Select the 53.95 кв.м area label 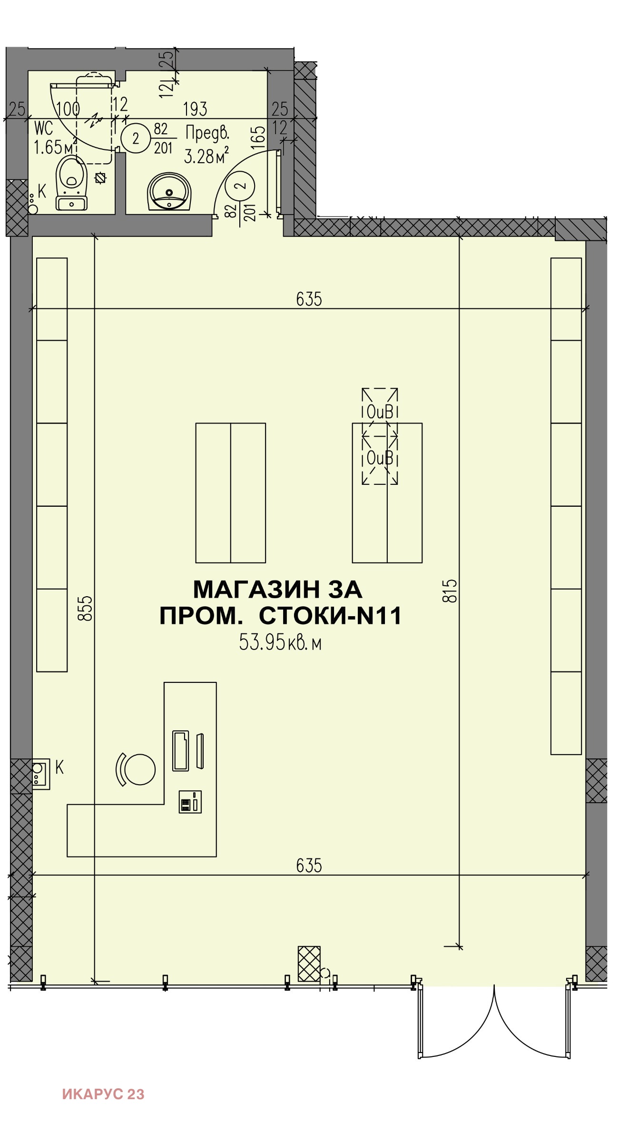[280, 642]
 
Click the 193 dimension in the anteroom [195, 109]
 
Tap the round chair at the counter [139, 769]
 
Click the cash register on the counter [190, 802]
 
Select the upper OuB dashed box [380, 412]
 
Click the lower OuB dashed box [380, 459]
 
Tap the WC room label [43, 128]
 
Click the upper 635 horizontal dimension [309, 299]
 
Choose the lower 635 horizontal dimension [309, 866]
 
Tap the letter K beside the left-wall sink [59, 767]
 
